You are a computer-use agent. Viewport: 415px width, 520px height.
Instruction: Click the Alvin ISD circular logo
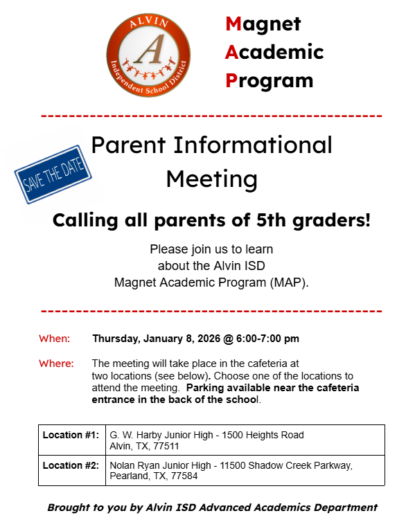click(148, 57)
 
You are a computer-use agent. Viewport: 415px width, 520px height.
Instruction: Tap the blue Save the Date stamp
click(54, 174)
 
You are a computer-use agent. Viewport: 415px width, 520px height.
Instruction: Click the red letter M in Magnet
click(233, 24)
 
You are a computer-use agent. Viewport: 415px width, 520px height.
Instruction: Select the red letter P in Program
click(232, 80)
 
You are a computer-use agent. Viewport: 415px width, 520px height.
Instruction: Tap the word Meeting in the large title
click(211, 179)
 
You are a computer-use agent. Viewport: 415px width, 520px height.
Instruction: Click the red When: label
click(54, 339)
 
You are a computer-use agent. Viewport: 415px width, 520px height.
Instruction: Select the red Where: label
click(56, 363)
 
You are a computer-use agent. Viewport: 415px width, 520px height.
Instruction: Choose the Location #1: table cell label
click(71, 435)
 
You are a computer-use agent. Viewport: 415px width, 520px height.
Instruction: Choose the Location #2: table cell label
click(71, 465)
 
